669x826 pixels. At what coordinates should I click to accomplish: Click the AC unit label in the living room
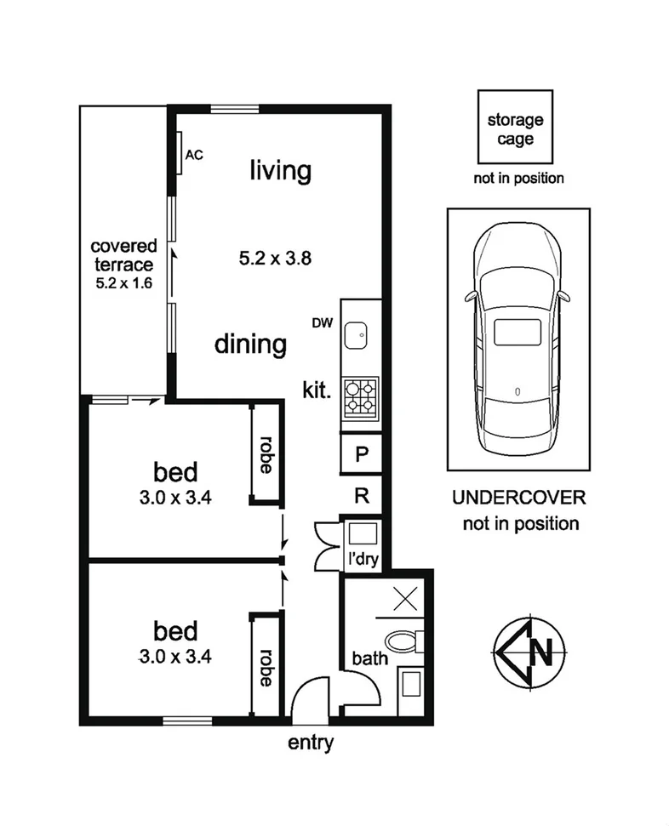coord(194,155)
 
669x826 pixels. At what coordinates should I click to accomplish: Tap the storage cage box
coord(514,129)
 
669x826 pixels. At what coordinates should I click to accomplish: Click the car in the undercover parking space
coord(518,337)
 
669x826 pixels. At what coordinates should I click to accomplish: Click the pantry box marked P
coord(361,453)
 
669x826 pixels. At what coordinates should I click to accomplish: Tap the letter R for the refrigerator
coord(361,496)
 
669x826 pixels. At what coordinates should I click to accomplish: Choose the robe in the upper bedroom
coord(265,454)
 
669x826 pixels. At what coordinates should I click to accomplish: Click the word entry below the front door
coord(311,742)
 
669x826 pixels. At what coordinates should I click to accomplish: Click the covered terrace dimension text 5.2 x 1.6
coord(123,283)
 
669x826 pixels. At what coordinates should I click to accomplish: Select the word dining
coord(249,345)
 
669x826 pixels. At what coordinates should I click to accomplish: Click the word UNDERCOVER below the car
coord(520,498)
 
